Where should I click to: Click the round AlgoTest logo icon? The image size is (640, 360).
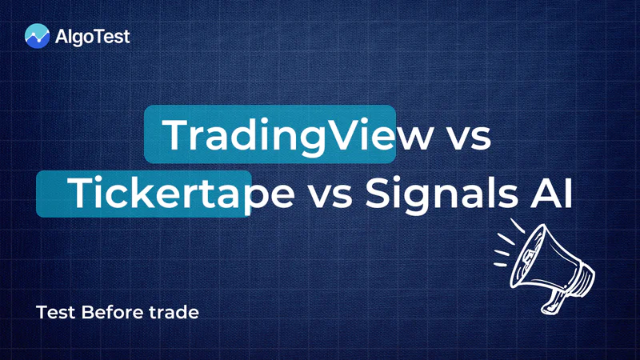click(37, 36)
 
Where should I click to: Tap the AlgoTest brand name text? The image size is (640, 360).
click(92, 37)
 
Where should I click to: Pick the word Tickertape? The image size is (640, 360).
click(182, 194)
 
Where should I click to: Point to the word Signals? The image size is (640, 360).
click(442, 194)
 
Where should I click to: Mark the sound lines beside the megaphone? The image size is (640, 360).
click(507, 244)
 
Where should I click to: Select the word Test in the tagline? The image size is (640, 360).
click(55, 312)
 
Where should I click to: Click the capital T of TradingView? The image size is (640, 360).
click(176, 134)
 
